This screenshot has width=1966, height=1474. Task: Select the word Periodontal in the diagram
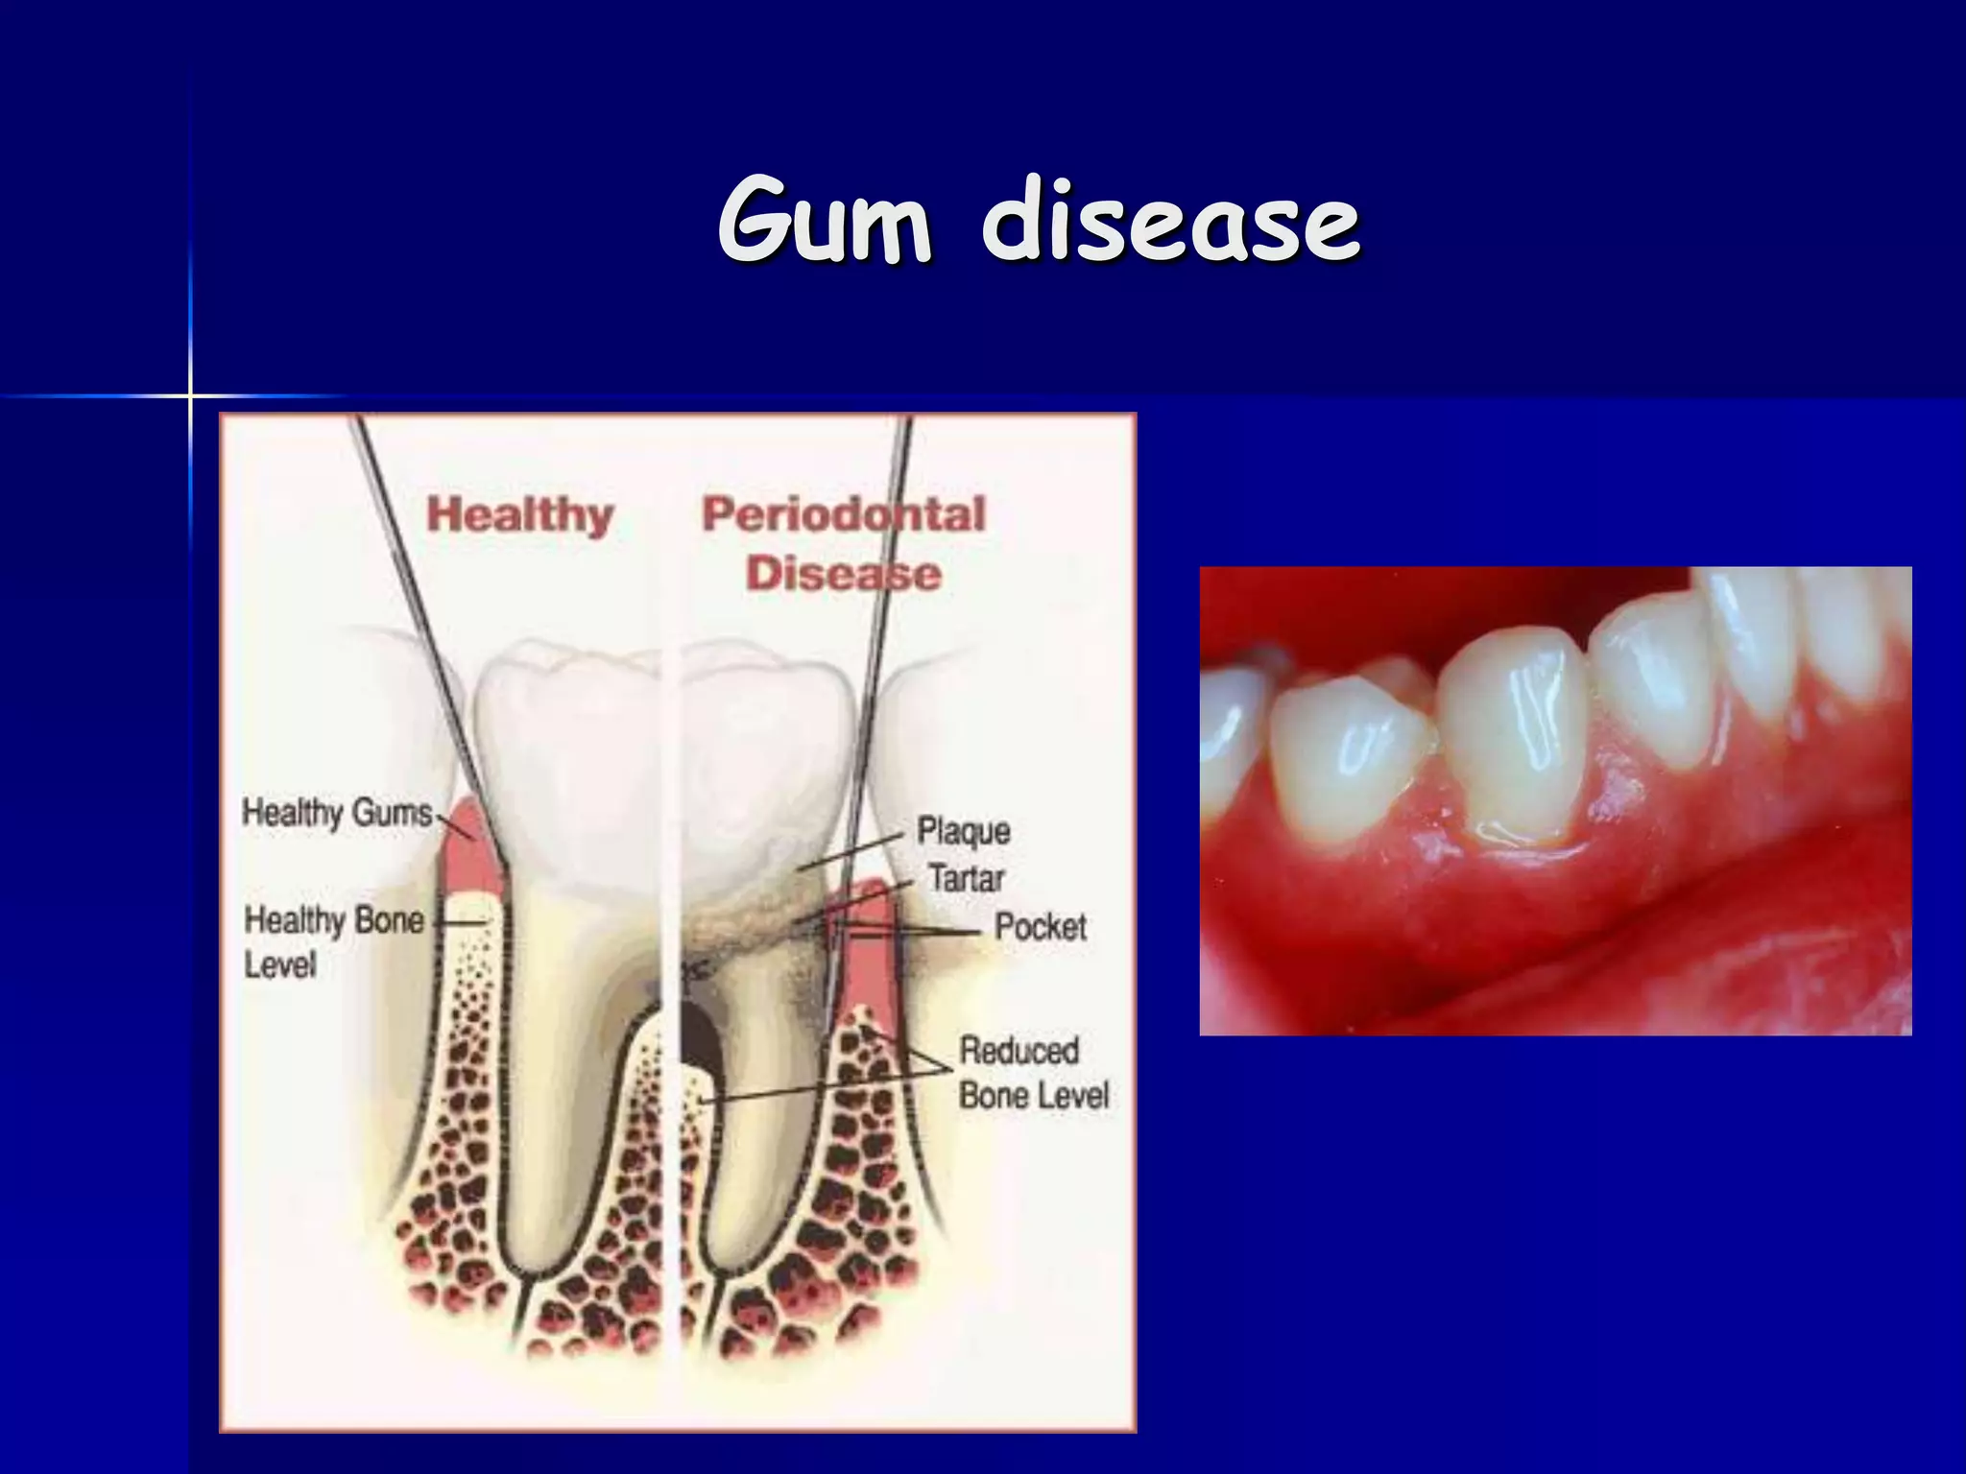point(844,514)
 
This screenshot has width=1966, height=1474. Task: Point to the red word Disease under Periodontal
point(844,574)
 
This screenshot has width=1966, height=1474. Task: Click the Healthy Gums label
point(337,813)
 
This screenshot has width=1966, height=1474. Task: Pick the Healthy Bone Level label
point(332,940)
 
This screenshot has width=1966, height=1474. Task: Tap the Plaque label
point(963,831)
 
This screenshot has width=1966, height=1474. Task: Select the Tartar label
point(966,878)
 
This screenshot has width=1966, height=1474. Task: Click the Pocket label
point(1041,927)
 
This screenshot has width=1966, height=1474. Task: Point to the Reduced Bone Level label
point(1033,1073)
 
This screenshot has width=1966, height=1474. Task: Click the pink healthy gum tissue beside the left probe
point(468,854)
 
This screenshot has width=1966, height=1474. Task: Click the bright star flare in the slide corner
point(190,395)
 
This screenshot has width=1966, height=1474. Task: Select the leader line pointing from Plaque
point(850,852)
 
